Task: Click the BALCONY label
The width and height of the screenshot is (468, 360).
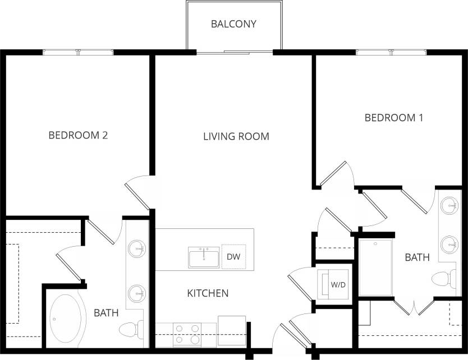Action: coord(233,24)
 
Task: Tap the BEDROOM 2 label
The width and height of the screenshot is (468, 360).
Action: coord(78,135)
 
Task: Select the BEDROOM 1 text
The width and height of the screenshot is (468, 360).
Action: coord(393,118)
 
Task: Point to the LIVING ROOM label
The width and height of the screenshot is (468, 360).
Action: coord(236,136)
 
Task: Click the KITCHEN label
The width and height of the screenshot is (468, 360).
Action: coord(207,293)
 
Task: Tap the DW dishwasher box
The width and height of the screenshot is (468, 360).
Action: coord(233,257)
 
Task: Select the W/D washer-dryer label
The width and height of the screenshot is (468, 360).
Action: coord(338,285)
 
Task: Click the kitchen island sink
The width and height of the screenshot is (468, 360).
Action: coord(204,257)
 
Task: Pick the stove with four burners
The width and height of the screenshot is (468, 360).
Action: coord(186,334)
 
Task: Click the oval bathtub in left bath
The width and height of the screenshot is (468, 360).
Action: coord(66,320)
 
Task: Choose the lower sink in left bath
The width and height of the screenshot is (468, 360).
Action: coord(136,292)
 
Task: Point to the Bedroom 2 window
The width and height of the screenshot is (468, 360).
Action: coord(79,52)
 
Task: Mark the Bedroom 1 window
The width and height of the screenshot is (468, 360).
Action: coord(391,52)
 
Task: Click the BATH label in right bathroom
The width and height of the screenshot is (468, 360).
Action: coord(417,258)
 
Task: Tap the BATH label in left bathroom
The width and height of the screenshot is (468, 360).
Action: coord(106,313)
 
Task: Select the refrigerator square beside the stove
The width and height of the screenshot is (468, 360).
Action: coord(231,328)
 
